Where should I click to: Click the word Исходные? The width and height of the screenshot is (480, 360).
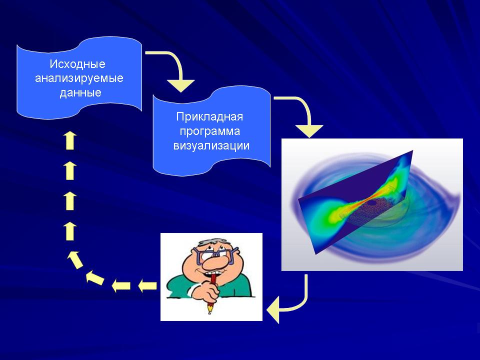[77, 64]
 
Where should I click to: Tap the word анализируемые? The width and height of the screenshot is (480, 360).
[79, 78]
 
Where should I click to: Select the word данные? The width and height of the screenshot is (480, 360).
[80, 92]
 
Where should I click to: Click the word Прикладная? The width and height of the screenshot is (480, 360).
[209, 116]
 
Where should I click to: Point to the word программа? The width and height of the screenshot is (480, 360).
[209, 131]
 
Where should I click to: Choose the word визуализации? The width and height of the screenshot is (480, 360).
[211, 145]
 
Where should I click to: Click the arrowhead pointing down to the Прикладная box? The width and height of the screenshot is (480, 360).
[180, 85]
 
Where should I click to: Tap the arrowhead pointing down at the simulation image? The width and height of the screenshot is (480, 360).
[309, 131]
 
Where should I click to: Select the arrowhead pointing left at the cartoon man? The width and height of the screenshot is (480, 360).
[273, 309]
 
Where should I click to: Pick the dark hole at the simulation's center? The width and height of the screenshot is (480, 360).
[372, 202]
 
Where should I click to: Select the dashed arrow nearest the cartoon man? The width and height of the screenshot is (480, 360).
[147, 286]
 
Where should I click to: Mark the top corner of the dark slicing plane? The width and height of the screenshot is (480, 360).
[413, 150]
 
